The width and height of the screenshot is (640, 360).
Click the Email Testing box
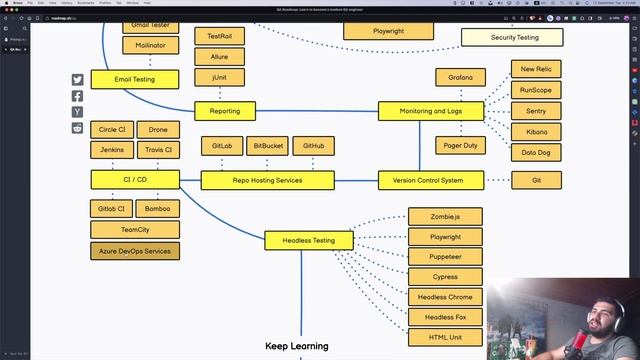pyautogui.click(x=135, y=79)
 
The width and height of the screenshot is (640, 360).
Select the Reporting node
pyautogui.click(x=217, y=111)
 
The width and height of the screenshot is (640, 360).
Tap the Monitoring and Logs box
pyautogui.click(x=430, y=111)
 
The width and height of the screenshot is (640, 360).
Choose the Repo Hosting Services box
pyautogui.click(x=268, y=180)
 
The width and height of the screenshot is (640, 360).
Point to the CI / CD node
pyautogui.click(x=135, y=180)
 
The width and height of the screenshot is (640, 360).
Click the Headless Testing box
pyautogui.click(x=308, y=240)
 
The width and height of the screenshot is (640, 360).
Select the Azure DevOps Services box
pyautogui.click(x=135, y=251)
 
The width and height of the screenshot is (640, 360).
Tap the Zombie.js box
pyautogui.click(x=445, y=217)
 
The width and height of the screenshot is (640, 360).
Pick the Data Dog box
pyautogui.click(x=535, y=153)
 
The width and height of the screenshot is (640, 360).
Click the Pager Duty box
pyautogui.click(x=460, y=146)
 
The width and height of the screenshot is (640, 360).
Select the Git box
pyautogui.click(x=535, y=180)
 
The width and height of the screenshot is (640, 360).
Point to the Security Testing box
pyautogui.click(x=514, y=38)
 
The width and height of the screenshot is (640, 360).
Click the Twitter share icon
pyautogui.click(x=78, y=80)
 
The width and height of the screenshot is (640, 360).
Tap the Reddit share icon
pyautogui.click(x=78, y=128)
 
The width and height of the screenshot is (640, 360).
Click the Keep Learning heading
pyautogui.click(x=296, y=346)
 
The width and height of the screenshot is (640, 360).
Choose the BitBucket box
pyautogui.click(x=266, y=146)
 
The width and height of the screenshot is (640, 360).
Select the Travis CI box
pyautogui.click(x=158, y=150)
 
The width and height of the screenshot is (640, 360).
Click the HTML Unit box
pyautogui.click(x=445, y=337)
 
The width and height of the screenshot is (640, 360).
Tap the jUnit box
pyautogui.click(x=219, y=76)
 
